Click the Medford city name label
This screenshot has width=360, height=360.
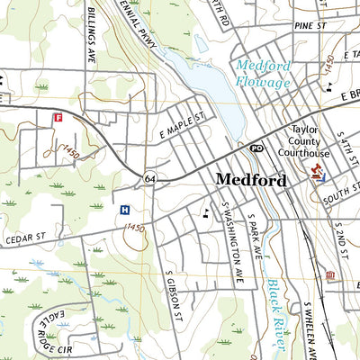(250, 180)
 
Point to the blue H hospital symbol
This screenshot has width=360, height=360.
(123, 210)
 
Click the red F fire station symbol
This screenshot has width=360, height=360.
(58, 117)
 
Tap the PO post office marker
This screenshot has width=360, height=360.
(256, 148)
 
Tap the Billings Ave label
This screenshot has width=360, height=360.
(92, 37)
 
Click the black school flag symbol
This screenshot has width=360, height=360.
(208, 213)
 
